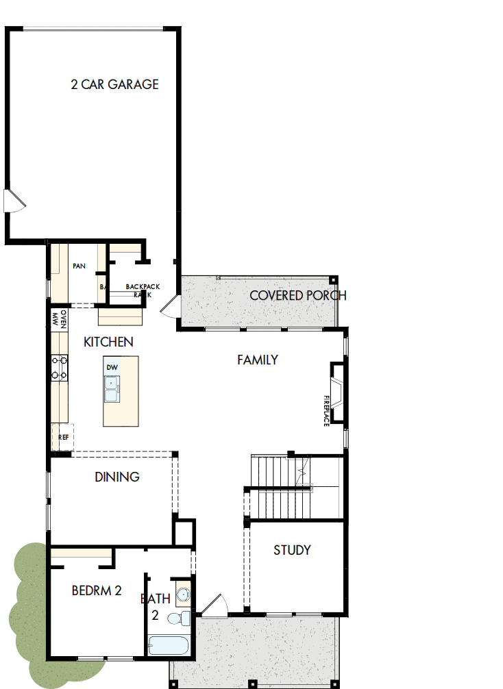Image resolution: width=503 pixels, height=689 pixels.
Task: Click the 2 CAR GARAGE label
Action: click(x=114, y=84)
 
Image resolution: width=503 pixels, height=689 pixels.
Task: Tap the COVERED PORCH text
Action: click(x=297, y=296)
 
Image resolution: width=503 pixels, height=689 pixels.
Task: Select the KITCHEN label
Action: click(x=108, y=342)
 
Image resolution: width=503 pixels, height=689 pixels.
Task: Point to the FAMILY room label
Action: click(x=258, y=360)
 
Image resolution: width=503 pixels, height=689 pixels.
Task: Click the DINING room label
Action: click(x=117, y=477)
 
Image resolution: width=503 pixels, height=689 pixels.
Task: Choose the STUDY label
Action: click(x=292, y=550)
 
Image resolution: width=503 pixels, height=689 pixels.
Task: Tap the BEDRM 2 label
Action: click(x=97, y=590)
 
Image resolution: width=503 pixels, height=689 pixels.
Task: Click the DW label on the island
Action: click(x=112, y=368)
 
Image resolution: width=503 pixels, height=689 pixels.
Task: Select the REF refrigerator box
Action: click(x=63, y=436)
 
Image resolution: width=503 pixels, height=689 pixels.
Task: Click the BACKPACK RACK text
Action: click(x=143, y=290)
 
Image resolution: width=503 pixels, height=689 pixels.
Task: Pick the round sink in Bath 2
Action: click(x=182, y=594)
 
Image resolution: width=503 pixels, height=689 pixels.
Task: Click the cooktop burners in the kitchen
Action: click(x=59, y=367)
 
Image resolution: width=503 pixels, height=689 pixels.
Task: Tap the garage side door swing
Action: click(x=14, y=201)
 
